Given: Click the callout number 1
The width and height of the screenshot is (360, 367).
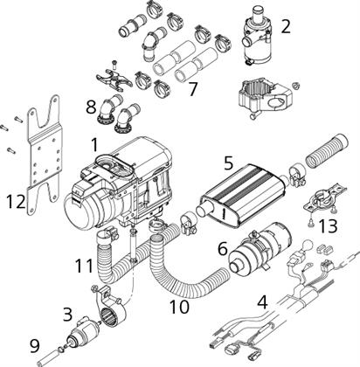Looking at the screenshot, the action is [95, 145].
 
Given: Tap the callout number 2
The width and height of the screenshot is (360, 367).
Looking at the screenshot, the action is [286, 26].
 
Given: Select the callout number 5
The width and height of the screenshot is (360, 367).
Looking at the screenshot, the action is [229, 163].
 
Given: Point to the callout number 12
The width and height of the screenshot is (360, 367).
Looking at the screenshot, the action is [16, 202].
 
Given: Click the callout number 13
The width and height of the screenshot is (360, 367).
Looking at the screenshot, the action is [328, 226].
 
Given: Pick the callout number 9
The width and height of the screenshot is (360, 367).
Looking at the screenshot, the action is [34, 347].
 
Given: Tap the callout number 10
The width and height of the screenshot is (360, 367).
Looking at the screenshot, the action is [179, 307].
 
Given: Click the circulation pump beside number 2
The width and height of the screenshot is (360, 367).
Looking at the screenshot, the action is [255, 40].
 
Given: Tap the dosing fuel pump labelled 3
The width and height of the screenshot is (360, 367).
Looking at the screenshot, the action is [84, 331].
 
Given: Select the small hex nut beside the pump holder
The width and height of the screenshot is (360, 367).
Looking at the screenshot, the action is [295, 86].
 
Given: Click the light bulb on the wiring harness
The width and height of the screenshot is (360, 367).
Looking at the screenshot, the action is [307, 245].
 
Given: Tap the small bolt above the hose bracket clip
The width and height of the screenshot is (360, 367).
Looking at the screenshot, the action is [114, 64].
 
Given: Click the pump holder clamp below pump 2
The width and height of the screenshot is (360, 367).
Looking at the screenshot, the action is [265, 97].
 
